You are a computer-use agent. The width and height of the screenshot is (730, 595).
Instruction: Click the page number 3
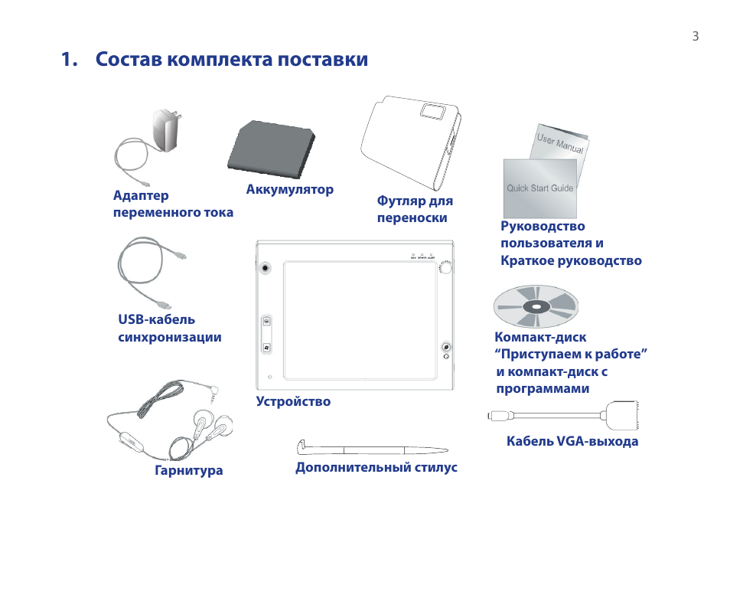click(695, 36)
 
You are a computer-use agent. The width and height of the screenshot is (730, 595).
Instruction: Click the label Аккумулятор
click(289, 189)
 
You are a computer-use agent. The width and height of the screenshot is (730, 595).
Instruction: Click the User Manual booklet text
click(559, 143)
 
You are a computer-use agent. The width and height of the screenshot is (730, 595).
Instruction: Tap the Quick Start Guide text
click(539, 188)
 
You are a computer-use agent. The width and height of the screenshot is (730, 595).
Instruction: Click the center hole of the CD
click(535, 308)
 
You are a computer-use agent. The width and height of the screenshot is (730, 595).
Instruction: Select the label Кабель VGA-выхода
click(572, 441)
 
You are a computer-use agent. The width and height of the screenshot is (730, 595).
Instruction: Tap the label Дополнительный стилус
click(376, 467)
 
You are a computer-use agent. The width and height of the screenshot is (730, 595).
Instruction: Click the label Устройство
click(293, 401)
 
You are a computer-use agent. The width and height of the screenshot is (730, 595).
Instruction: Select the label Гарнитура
click(188, 470)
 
